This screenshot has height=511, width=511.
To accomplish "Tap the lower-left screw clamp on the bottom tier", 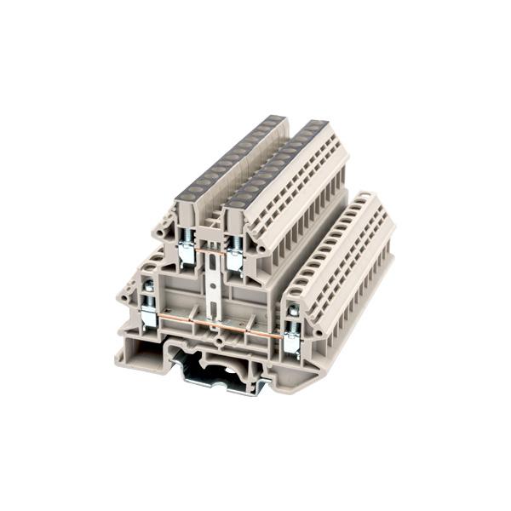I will pyautogui.click(x=148, y=314).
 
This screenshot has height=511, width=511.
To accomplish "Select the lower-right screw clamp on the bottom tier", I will pyautogui.click(x=292, y=339).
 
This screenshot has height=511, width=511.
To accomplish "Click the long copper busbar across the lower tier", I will pyautogui.click(x=220, y=325).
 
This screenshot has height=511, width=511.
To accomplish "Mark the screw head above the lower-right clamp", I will pyautogui.click(x=293, y=311).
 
